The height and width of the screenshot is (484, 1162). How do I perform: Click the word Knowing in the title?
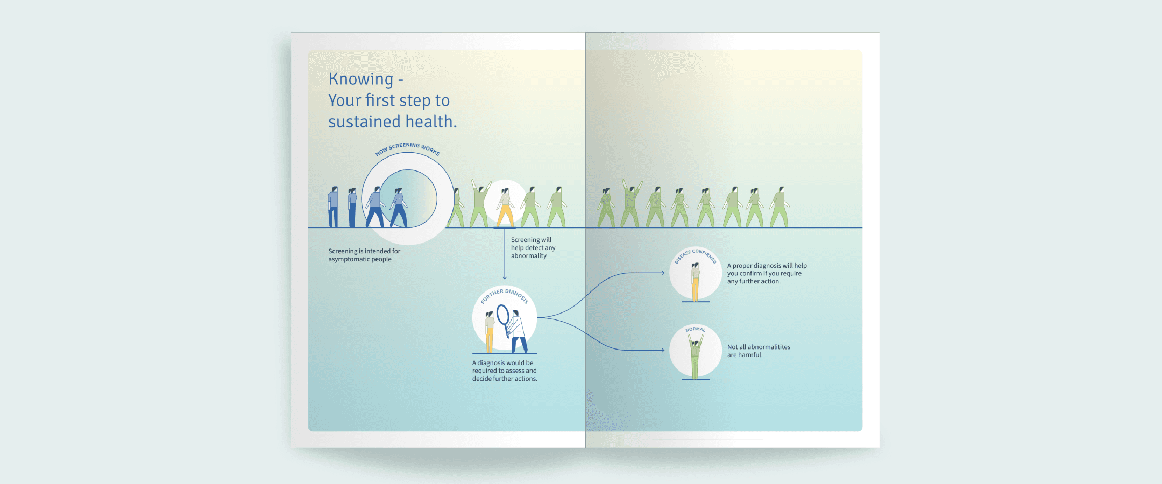361,80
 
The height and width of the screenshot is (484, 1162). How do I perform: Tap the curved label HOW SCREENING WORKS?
407,148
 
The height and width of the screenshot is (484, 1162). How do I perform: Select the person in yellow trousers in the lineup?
505,207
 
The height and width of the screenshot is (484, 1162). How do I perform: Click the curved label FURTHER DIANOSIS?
505,295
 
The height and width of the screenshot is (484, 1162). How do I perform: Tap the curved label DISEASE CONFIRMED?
696,254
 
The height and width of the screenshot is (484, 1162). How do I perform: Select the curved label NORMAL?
695,329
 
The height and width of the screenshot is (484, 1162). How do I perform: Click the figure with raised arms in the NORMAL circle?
695,357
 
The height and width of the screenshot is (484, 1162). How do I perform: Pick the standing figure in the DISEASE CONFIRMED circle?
695,281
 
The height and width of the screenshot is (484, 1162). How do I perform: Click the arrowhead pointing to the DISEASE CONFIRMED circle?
663,273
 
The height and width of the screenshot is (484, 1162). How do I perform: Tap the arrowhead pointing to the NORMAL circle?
663,350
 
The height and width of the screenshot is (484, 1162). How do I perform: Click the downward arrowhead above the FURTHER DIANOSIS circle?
505,277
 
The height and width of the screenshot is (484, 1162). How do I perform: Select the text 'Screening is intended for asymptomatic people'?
364,255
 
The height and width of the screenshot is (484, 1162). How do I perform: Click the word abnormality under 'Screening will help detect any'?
529,256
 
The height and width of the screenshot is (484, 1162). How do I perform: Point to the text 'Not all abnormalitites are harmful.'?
759,351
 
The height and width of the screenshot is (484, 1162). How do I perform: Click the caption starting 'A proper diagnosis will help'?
767,273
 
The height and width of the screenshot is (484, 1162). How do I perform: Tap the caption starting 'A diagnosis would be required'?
505,371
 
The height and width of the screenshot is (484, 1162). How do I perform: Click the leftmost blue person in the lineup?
333,207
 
